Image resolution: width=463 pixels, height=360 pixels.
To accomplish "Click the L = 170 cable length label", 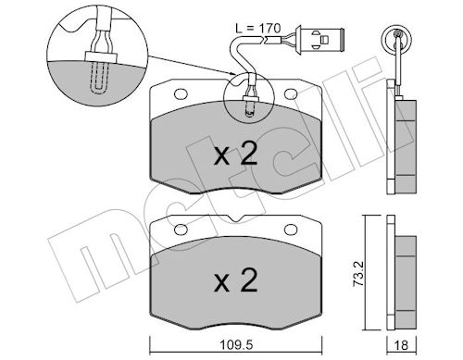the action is [258, 29].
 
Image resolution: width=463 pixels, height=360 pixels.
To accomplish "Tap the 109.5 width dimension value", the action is [236, 345].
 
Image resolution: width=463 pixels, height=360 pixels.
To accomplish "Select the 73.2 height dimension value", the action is [358, 274].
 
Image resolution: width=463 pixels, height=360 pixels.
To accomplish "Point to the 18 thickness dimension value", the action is [402, 345].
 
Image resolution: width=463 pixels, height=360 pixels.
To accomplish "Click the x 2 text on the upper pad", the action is [236, 155].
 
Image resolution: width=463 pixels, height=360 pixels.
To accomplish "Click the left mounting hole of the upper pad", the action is [181, 94].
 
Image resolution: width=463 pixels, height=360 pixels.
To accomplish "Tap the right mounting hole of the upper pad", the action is [291, 94].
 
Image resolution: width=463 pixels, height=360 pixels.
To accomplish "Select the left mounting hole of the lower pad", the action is [181, 230].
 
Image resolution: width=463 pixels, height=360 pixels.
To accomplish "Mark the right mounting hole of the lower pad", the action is [291, 230].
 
